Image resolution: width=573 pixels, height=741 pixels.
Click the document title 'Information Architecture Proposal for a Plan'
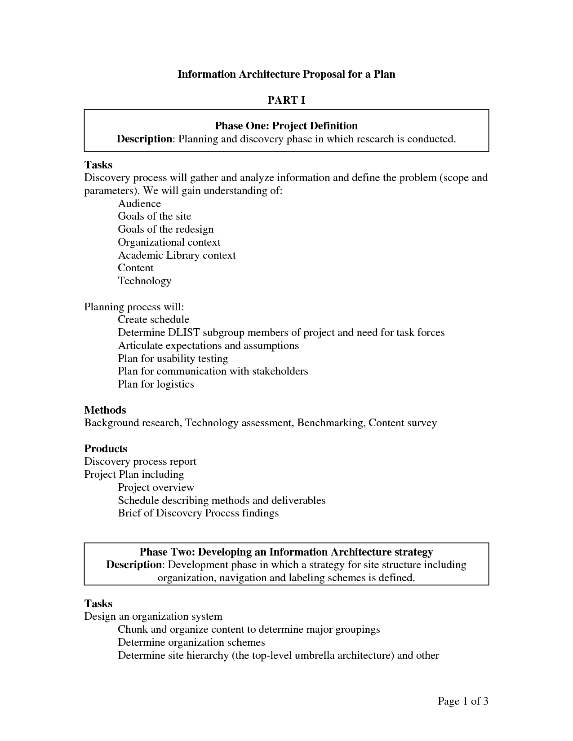tap(286, 74)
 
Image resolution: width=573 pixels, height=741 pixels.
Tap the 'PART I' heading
tap(286, 100)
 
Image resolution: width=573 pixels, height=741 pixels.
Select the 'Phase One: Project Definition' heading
tap(286, 126)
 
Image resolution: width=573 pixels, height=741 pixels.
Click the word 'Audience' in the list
tap(139, 203)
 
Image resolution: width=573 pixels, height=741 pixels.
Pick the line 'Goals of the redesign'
tap(165, 229)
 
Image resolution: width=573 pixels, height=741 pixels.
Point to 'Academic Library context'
tap(177, 255)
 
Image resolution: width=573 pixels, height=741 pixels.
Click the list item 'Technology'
tap(144, 281)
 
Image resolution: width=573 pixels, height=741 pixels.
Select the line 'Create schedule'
tap(153, 319)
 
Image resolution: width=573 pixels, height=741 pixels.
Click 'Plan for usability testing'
tap(173, 358)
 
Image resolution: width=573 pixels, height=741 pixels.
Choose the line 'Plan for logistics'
tap(155, 384)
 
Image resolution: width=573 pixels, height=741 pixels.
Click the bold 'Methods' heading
tap(105, 410)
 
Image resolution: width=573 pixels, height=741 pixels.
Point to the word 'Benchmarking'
tap(330, 423)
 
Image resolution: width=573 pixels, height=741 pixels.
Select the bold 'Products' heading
tap(106, 449)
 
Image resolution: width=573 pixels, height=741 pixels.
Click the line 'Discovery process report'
tap(140, 462)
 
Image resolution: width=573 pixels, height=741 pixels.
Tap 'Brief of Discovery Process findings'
tap(198, 513)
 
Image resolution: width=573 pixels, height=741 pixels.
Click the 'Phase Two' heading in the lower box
tap(286, 552)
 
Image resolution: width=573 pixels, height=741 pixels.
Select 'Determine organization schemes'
tap(191, 642)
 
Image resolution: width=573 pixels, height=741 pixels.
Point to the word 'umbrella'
tap(314, 655)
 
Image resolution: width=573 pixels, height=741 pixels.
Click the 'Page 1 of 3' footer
tap(463, 701)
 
